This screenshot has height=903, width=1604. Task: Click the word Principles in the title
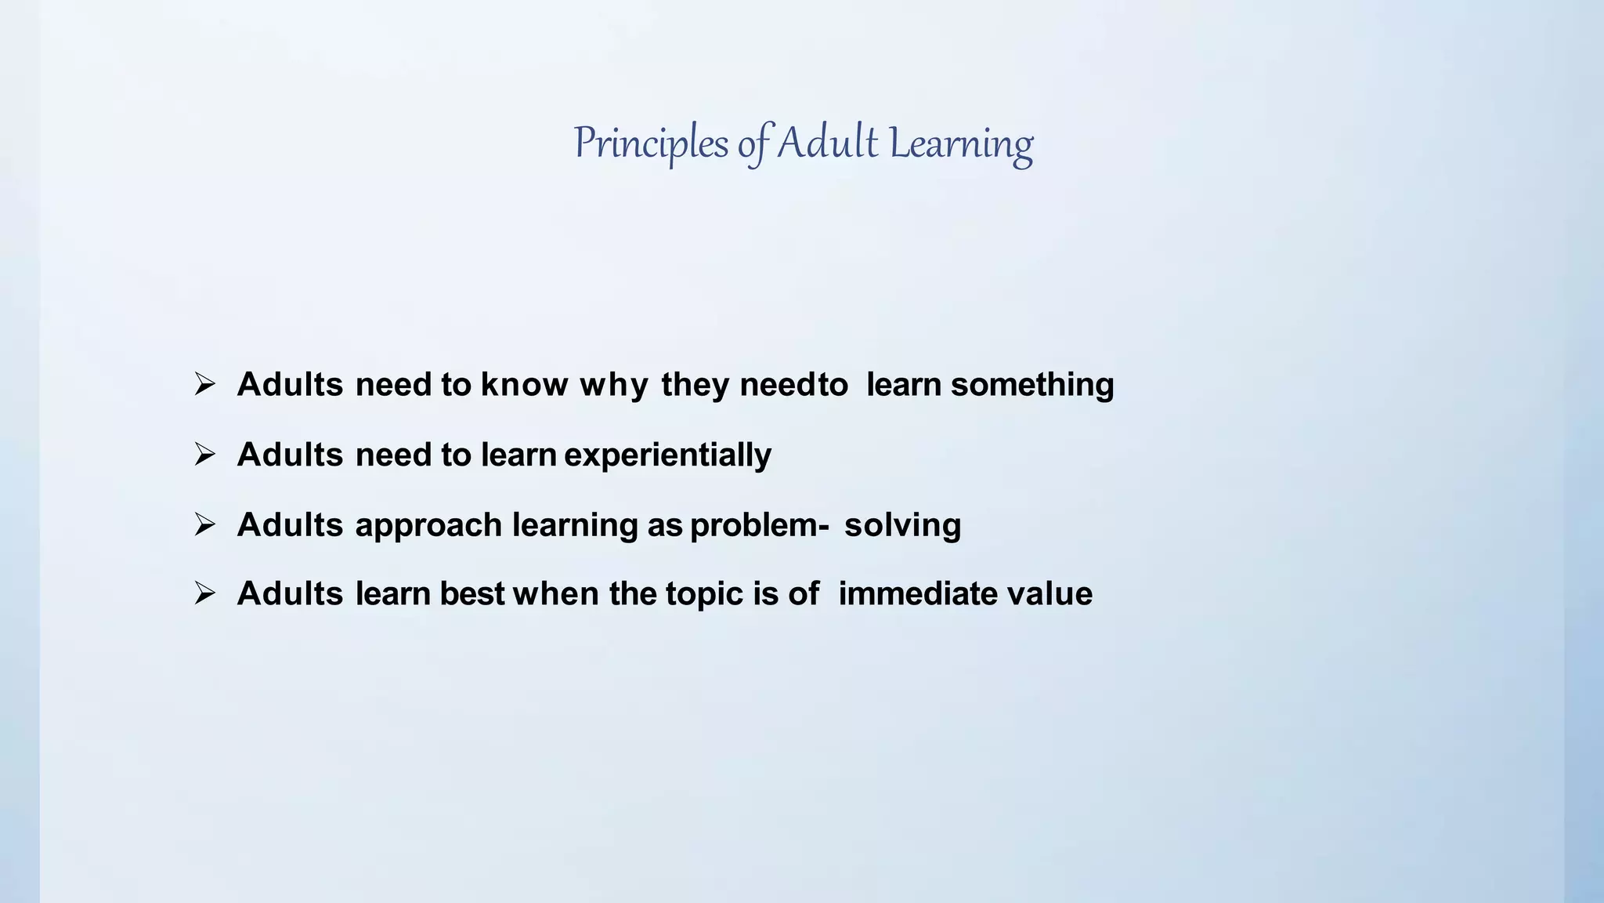(x=651, y=144)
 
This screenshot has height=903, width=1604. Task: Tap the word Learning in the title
(x=961, y=144)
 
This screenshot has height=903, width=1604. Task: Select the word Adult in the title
(x=827, y=143)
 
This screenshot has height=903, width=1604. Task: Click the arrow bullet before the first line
(x=204, y=384)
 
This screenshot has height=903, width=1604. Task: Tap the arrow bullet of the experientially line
(x=204, y=454)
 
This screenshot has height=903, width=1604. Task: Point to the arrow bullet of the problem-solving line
(x=204, y=524)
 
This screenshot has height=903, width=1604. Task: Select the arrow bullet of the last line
(x=204, y=593)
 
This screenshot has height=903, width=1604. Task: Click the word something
(x=1032, y=385)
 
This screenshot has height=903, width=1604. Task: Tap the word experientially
(x=667, y=455)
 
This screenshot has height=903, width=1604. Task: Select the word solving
(x=902, y=525)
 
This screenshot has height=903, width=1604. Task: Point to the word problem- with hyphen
(x=759, y=525)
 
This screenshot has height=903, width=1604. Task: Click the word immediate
(x=917, y=594)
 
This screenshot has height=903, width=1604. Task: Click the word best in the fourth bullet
(x=471, y=594)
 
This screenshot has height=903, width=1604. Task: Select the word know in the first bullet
(x=524, y=385)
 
